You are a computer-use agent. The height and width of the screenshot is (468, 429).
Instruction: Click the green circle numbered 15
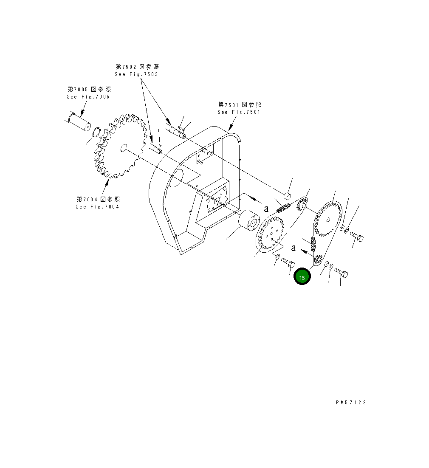302,277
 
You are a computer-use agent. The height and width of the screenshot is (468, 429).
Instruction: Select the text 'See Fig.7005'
88,97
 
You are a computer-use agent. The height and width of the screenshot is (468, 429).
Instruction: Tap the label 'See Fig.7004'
97,207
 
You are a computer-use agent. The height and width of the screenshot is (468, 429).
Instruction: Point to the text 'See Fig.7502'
136,74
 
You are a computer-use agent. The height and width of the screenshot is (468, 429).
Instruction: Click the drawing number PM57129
350,403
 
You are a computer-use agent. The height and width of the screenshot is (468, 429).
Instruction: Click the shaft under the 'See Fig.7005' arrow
80,121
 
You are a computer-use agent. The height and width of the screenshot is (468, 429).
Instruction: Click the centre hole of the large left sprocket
124,147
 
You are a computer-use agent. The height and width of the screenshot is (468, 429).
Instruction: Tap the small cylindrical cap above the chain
287,196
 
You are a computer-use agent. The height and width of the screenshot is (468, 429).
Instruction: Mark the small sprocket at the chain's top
303,206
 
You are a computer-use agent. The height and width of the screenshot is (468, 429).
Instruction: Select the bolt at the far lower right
341,272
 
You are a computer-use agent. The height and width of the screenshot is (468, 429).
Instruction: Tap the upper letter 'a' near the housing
266,209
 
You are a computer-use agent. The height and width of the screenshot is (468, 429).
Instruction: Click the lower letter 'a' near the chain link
293,248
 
